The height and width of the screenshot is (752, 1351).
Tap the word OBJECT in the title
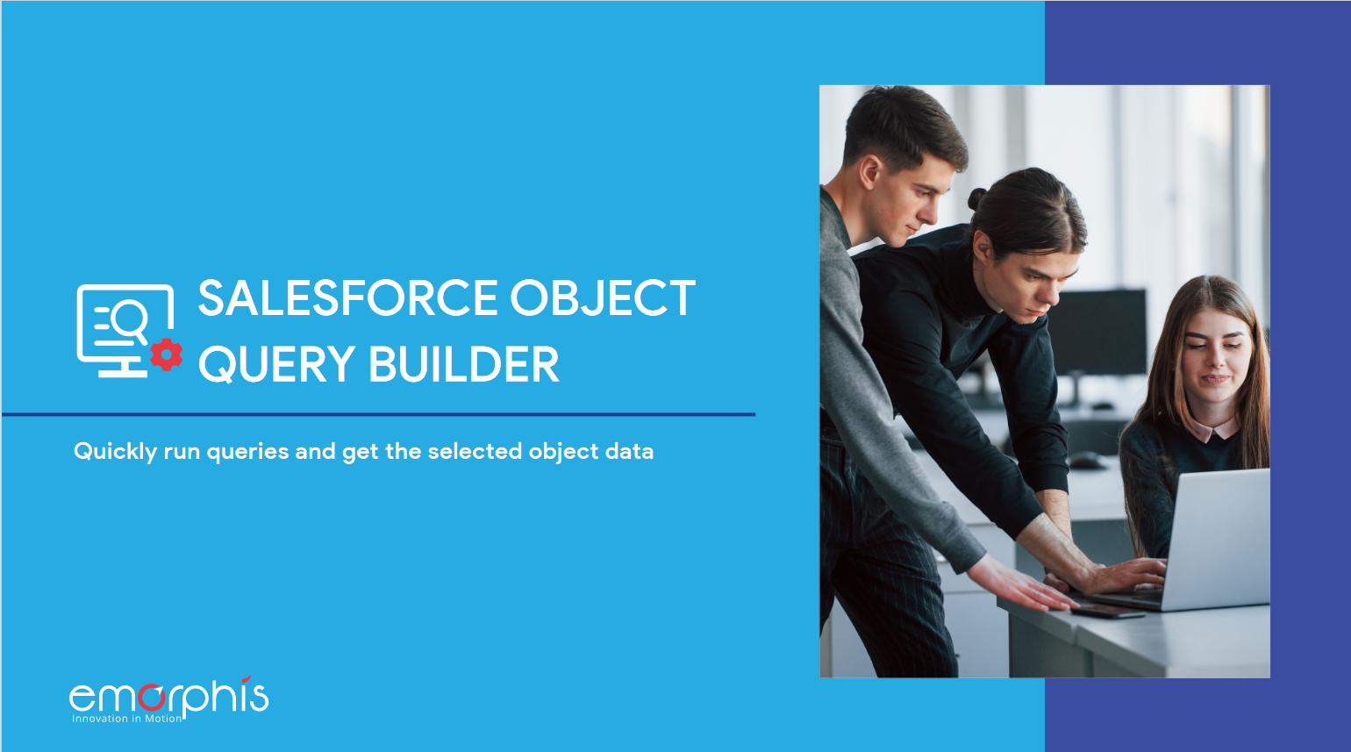tap(604, 298)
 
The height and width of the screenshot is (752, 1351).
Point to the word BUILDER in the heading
tap(464, 365)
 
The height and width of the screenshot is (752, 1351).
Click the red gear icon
tap(166, 355)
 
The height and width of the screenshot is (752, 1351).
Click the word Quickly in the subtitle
tap(115, 452)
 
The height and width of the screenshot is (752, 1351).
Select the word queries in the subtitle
tap(247, 452)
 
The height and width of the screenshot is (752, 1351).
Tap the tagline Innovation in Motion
tap(127, 719)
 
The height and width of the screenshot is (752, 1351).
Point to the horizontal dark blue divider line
tap(378, 414)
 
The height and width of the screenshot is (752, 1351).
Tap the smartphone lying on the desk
tap(1107, 611)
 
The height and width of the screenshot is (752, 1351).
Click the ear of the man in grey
tap(868, 172)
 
